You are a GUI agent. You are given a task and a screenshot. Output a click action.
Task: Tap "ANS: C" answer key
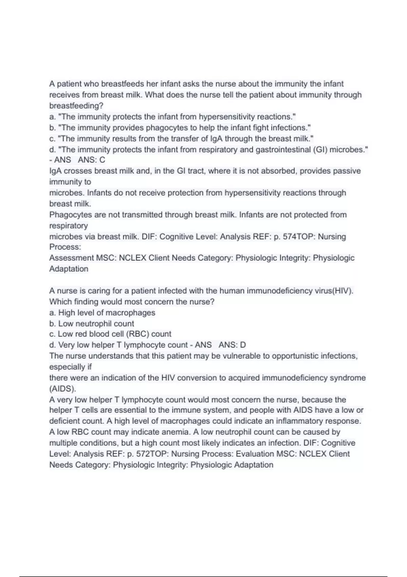(x=92, y=160)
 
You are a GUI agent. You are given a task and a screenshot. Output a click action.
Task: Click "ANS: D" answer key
(x=232, y=345)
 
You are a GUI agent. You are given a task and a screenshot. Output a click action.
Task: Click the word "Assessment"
(x=71, y=258)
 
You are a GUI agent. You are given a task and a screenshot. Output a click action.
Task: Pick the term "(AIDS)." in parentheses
(x=63, y=389)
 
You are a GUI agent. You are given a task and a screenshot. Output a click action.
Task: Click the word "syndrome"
(x=348, y=378)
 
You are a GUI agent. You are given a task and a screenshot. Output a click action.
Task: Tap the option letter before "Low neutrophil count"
(x=53, y=323)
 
